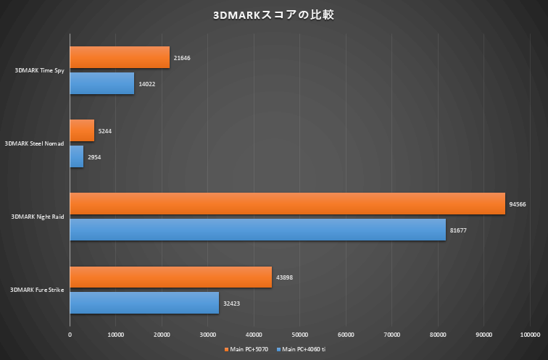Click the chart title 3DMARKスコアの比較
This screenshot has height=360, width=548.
(274, 14)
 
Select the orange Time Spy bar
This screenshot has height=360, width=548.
(120, 58)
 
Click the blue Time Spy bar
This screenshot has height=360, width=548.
(102, 84)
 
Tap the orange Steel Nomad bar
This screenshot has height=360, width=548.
(82, 131)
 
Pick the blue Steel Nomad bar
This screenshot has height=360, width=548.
(77, 157)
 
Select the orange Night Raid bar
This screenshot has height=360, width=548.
(287, 204)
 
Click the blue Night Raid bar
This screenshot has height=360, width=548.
(257, 230)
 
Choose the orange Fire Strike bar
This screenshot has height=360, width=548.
(170, 277)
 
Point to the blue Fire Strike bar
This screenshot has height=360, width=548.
(144, 303)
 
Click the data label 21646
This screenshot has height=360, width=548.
(182, 58)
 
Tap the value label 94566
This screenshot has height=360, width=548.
(518, 204)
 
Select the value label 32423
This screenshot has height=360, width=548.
(232, 303)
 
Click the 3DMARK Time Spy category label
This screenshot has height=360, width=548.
(39, 71)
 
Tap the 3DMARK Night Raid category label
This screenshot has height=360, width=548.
(38, 217)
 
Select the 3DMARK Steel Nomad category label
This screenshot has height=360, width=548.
(35, 144)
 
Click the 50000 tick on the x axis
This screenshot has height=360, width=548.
(300, 334)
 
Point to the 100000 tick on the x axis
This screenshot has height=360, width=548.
(530, 334)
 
